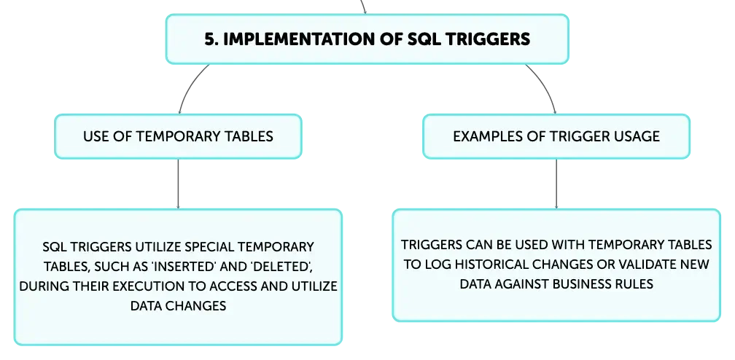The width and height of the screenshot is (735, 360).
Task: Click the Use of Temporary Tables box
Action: click(x=178, y=136)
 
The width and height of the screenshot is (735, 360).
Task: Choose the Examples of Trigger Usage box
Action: click(x=556, y=136)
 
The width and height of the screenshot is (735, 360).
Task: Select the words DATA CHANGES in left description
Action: click(x=178, y=305)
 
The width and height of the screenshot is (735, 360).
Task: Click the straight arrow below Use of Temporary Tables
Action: click(x=178, y=184)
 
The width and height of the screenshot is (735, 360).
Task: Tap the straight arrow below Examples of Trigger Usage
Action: click(x=556, y=184)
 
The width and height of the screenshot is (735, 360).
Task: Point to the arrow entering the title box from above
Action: click(x=363, y=7)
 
